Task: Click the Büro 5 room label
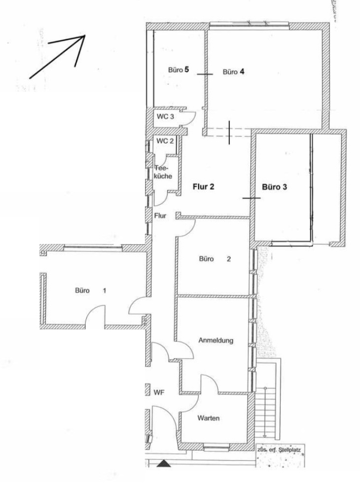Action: (x=178, y=70)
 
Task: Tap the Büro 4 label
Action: (x=233, y=72)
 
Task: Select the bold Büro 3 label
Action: (x=274, y=187)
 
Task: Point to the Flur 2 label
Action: (x=203, y=186)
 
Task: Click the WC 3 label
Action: (x=165, y=117)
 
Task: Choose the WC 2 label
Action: (x=165, y=141)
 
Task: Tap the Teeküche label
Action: (x=163, y=172)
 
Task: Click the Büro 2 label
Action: (x=215, y=259)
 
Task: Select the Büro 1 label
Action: (x=90, y=290)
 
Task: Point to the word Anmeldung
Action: (x=216, y=340)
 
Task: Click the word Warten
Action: (x=208, y=418)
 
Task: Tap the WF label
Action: (x=159, y=392)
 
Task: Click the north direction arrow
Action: (x=57, y=57)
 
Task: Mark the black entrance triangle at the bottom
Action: (x=163, y=464)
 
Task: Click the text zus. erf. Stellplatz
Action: (x=279, y=450)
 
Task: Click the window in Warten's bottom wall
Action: (x=216, y=447)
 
